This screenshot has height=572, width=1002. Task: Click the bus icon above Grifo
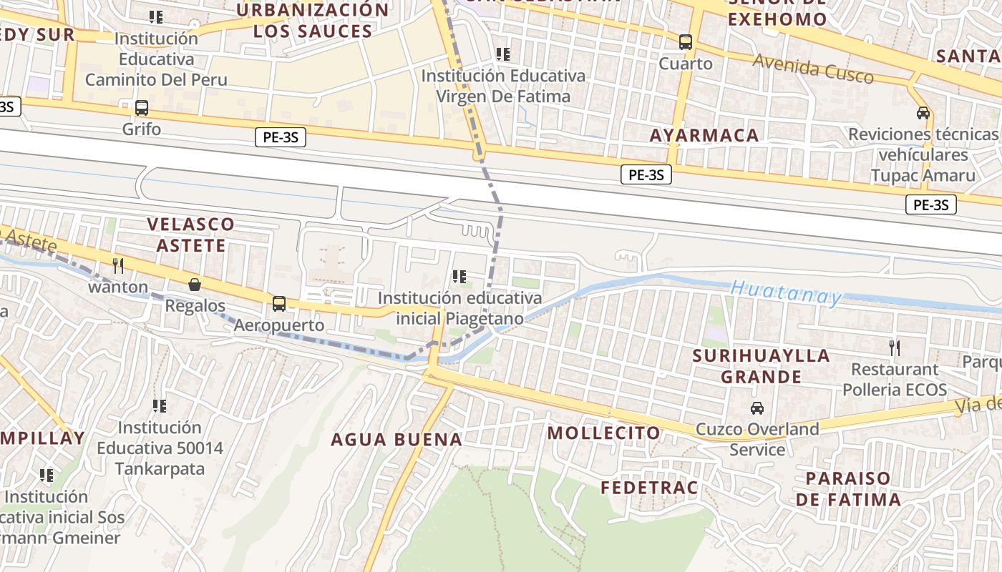142,109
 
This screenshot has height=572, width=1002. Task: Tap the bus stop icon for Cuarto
686,42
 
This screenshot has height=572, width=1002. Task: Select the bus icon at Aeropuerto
279,304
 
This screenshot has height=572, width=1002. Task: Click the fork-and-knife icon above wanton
118,266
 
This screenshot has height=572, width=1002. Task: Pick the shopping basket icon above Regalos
195,285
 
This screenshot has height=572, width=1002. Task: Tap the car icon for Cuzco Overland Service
757,408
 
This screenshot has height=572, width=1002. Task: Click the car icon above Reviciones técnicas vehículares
923,113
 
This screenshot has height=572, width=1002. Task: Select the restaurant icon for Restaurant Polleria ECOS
894,348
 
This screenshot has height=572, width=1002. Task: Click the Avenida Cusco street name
813,69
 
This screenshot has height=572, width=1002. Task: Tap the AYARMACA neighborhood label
704,135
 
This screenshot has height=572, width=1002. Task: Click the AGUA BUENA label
397,439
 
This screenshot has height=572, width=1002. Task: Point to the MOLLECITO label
604,433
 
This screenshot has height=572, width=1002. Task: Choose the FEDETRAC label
648,488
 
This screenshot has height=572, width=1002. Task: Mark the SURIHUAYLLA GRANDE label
761,366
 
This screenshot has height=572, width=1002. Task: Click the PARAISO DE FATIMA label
848,488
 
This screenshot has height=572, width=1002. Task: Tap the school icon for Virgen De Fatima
503,54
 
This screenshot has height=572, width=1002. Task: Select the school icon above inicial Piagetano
459,276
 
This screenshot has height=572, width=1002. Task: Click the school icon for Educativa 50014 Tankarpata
160,406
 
